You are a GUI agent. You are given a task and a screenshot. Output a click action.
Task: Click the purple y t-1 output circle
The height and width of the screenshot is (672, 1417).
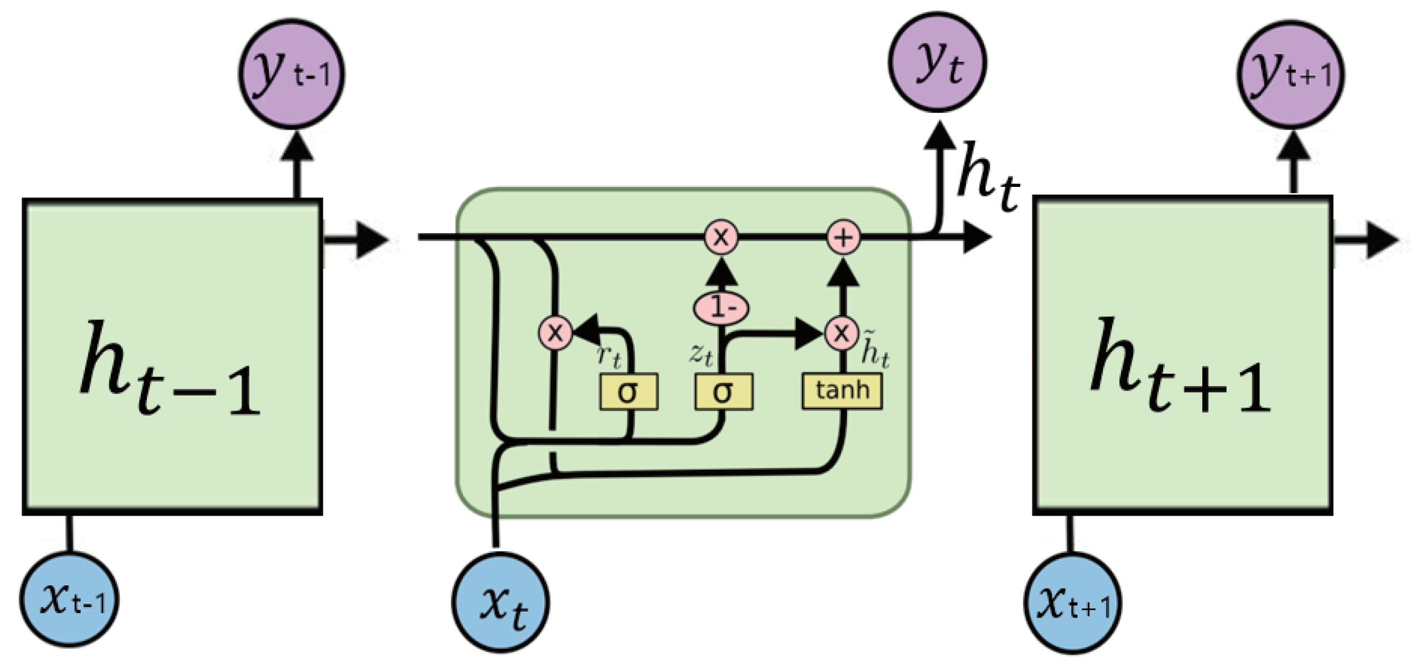tap(292, 74)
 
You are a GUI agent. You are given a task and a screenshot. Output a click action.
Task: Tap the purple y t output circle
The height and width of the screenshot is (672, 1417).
tap(938, 62)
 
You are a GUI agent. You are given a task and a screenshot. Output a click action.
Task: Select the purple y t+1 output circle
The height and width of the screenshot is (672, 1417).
tap(1291, 75)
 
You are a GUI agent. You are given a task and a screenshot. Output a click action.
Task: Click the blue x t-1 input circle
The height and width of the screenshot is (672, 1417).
tap(70, 599)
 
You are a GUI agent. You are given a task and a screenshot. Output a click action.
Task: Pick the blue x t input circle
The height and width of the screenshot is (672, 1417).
tap(501, 602)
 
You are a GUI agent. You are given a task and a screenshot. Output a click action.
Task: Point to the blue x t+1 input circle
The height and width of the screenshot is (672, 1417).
tap(1073, 602)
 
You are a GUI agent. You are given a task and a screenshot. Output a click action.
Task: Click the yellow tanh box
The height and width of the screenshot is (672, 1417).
tap(842, 391)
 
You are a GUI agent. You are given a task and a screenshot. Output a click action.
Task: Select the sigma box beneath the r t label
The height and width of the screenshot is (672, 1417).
tap(628, 392)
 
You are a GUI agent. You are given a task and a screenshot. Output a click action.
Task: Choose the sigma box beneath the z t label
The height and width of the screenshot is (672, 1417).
tap(724, 392)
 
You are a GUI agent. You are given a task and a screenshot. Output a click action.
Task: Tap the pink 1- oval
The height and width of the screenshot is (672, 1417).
tap(721, 308)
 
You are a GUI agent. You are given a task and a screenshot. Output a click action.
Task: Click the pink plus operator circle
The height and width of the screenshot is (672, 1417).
tap(844, 238)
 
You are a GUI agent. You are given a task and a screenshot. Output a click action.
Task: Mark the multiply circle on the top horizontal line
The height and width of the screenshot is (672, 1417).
tap(721, 238)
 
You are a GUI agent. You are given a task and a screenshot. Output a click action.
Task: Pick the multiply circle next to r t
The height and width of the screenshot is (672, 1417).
tap(555, 333)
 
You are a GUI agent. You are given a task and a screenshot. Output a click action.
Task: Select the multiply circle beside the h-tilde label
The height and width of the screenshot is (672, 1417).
tap(842, 333)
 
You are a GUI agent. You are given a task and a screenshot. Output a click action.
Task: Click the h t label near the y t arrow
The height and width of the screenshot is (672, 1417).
tap(987, 177)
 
